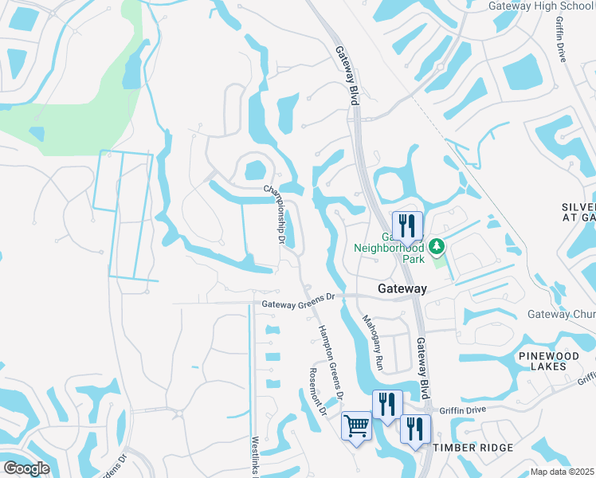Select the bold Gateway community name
pyautogui.click(x=402, y=288)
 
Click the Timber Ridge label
pyautogui.click(x=473, y=449)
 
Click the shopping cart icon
pyautogui.click(x=356, y=425)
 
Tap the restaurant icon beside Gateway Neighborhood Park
pyautogui.click(x=407, y=225)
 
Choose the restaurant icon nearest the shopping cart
pyautogui.click(x=386, y=404)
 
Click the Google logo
pyautogui.click(x=26, y=468)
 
